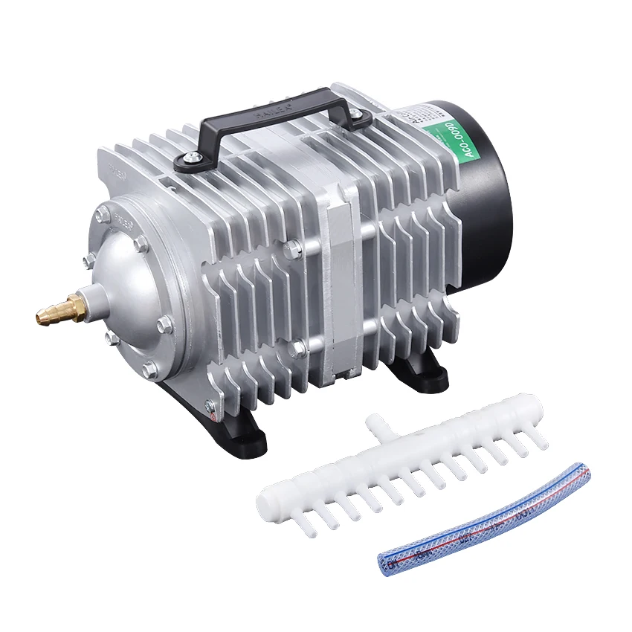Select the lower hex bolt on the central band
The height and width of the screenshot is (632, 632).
(x=297, y=346)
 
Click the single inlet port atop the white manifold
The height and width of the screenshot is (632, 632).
(x=376, y=427)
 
